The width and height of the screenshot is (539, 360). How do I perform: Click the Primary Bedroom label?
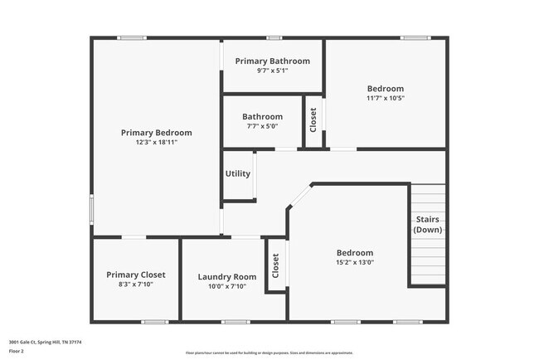pyautogui.click(x=156, y=133)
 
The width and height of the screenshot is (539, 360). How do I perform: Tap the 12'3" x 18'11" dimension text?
pyautogui.click(x=156, y=143)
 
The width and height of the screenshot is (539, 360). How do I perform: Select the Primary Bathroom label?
pyautogui.click(x=272, y=61)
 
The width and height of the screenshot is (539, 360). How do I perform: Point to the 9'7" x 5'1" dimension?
pyautogui.click(x=272, y=71)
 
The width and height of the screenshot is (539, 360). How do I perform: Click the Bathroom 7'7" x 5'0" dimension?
pyautogui.click(x=262, y=126)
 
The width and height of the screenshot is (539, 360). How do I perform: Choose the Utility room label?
pyautogui.click(x=238, y=174)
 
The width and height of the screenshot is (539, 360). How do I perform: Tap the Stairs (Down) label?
pyautogui.click(x=428, y=224)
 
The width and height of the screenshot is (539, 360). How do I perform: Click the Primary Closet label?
pyautogui.click(x=136, y=275)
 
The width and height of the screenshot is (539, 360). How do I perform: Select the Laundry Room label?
pyautogui.click(x=227, y=277)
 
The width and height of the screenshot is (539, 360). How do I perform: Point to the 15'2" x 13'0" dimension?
pyautogui.click(x=355, y=263)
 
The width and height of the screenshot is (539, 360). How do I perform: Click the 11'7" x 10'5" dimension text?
pyautogui.click(x=386, y=98)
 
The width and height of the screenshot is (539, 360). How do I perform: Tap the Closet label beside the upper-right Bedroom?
pyautogui.click(x=313, y=121)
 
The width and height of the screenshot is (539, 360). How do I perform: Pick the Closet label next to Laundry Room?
pyautogui.click(x=276, y=265)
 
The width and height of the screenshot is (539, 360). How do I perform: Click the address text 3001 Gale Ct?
pyautogui.click(x=46, y=342)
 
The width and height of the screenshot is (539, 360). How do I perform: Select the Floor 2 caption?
pyautogui.click(x=17, y=351)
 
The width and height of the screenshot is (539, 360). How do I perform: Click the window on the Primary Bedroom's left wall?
pyautogui.click(x=91, y=209)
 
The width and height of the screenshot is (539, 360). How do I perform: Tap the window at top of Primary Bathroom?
pyautogui.click(x=272, y=37)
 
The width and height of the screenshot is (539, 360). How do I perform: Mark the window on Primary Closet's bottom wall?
pyautogui.click(x=154, y=322)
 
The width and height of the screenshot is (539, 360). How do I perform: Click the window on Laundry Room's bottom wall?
pyautogui.click(x=236, y=322)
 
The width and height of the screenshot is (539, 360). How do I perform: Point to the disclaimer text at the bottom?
pyautogui.click(x=269, y=353)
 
